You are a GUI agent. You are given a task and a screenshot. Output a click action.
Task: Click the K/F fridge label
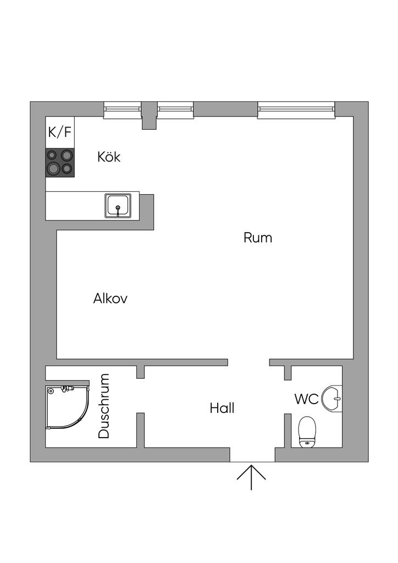pos(59,132)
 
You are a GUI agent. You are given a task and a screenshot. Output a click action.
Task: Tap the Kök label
pos(109,157)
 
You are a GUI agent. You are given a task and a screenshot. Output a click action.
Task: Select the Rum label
pos(258,238)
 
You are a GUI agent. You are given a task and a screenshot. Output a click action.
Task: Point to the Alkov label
pos(110,299)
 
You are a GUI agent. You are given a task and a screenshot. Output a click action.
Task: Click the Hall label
pos(222,409)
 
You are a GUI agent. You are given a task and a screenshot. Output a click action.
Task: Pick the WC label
pos(306,399)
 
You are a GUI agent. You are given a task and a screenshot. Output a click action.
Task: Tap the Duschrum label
pos(104,406)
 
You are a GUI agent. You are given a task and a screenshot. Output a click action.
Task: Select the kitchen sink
pos(118,205)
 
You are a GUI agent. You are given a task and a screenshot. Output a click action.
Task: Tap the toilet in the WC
pos(307,431)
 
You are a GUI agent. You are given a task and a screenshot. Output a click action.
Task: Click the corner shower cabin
pos(66,408)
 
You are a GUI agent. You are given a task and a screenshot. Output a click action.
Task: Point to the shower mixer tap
pos(67,389)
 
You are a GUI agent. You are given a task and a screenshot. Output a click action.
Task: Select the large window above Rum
pos(296,110)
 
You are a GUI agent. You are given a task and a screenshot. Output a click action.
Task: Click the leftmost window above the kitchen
pos(123,110)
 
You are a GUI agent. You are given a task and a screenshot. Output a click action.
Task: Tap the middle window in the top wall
pos(175,110)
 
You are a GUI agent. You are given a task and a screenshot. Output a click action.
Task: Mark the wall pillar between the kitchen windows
pos(148,115)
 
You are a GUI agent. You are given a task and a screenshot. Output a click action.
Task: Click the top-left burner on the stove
pos(53,156)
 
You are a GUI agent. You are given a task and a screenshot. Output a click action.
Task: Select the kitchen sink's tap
pos(118,209)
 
